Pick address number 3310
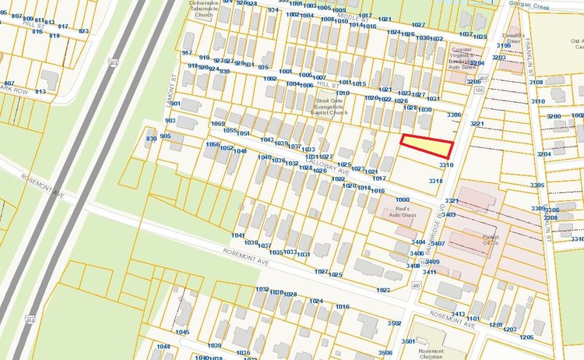tap(446, 165)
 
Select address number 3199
tap(503, 47)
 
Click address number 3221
tap(477, 124)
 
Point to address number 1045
tap(181, 332)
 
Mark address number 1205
tap(527, 337)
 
